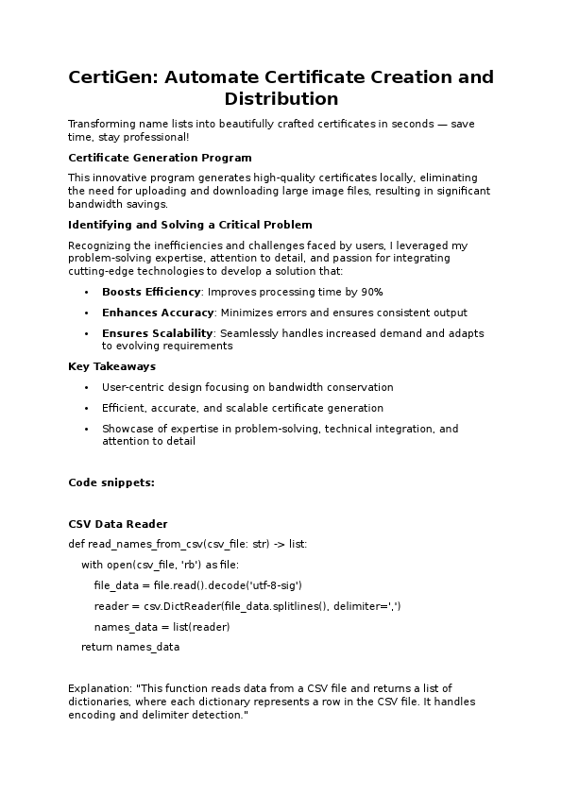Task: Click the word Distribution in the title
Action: point(281,98)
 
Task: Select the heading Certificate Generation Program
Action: point(160,157)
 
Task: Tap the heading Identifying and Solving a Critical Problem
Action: point(190,225)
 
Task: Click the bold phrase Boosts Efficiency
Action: point(151,292)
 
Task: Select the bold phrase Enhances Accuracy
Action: point(158,313)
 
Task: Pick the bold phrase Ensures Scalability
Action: point(157,333)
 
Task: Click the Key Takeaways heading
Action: point(111,366)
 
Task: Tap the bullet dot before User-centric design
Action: point(87,388)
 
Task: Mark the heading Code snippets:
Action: point(111,482)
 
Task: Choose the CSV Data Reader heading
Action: point(118,524)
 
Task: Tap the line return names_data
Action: point(130,648)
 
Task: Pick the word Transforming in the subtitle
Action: point(102,125)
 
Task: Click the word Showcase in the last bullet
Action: point(126,429)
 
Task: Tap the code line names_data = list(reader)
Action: point(162,627)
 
